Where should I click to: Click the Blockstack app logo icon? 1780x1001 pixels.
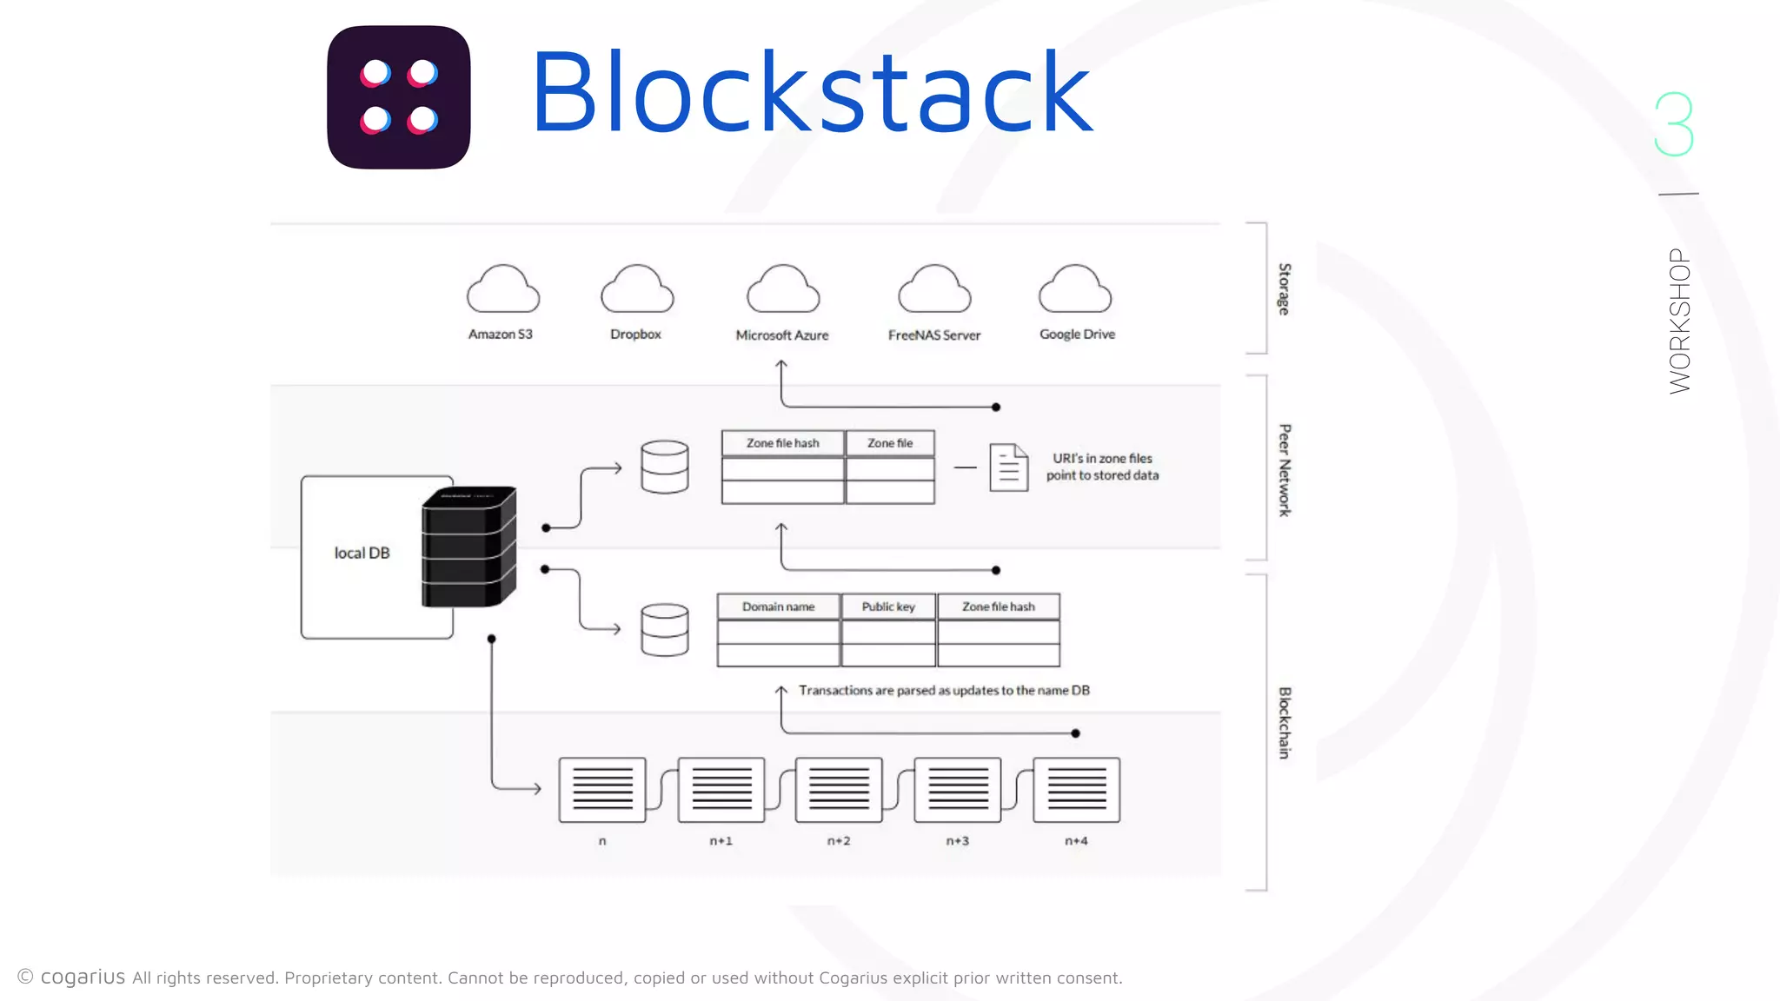[399, 96]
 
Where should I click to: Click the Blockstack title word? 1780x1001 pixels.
[811, 93]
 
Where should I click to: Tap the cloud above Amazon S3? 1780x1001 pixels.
[502, 289]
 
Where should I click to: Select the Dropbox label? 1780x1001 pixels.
[635, 335]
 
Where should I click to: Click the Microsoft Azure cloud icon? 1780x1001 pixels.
[782, 289]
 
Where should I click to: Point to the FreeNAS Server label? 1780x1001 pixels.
[933, 335]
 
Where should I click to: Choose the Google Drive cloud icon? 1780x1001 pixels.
[1075, 289]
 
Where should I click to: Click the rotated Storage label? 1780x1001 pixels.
[1284, 288]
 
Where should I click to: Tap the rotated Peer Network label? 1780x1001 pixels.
[1284, 470]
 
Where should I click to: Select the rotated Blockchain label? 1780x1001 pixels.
[1284, 722]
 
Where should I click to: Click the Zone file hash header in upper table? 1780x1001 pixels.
[782, 443]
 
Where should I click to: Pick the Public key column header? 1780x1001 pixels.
[887, 607]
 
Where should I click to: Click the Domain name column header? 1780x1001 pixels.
[778, 607]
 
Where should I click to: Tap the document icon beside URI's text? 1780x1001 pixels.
[1008, 467]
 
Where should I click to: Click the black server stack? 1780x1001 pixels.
[469, 547]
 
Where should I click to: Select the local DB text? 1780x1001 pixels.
[362, 554]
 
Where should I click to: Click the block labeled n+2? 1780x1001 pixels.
[839, 789]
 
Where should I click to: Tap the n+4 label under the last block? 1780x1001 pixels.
[1076, 841]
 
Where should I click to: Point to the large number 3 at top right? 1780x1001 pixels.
[1674, 124]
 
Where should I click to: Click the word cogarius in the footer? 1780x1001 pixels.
[83, 977]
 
